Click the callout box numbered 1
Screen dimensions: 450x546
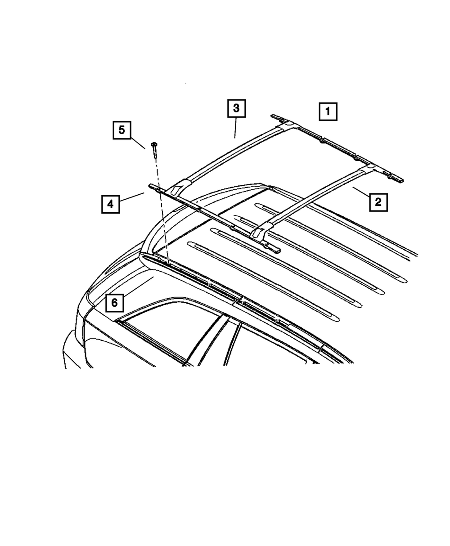point(328,112)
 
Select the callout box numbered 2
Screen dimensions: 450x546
point(378,202)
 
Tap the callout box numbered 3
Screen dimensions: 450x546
point(236,108)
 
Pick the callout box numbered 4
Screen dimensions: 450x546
point(111,204)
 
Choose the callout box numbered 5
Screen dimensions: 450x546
point(122,130)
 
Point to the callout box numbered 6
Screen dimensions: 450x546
point(115,303)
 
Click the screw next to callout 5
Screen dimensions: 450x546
point(155,150)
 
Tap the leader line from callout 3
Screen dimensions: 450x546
point(235,128)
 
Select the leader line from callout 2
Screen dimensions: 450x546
point(361,192)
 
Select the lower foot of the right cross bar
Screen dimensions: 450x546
point(260,233)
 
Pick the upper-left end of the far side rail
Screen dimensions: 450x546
point(273,116)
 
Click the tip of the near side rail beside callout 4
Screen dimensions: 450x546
point(151,186)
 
